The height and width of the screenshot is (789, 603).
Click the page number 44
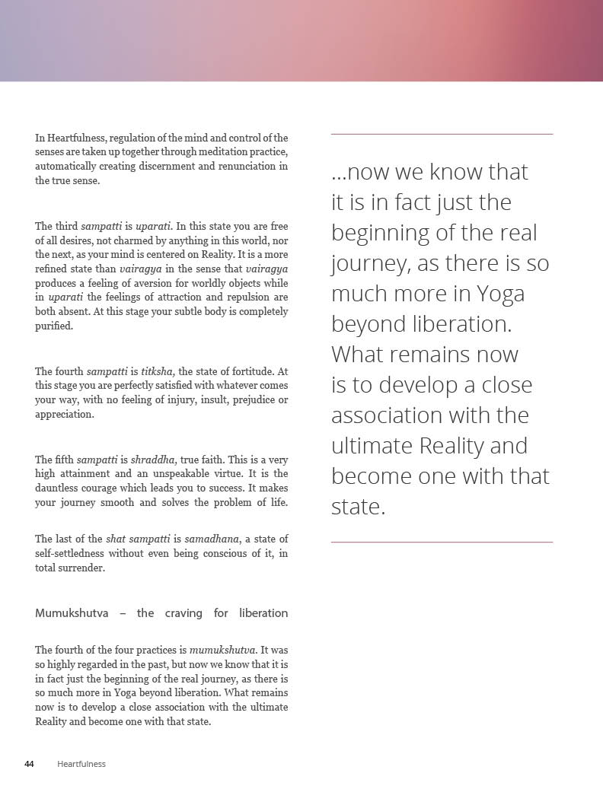(29, 764)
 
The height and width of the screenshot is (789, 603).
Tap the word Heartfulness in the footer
(81, 764)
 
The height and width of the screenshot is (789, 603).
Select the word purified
(54, 326)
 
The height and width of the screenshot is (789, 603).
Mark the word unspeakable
(167, 474)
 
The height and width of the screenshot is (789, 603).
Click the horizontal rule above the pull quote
(442, 135)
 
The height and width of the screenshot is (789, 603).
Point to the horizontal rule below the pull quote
(442, 542)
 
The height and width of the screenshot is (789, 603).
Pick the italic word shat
(116, 540)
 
